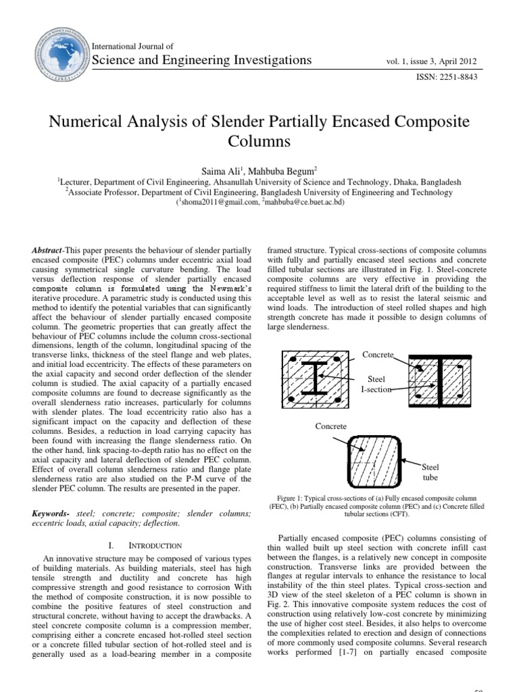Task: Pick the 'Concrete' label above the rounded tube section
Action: tap(330, 426)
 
